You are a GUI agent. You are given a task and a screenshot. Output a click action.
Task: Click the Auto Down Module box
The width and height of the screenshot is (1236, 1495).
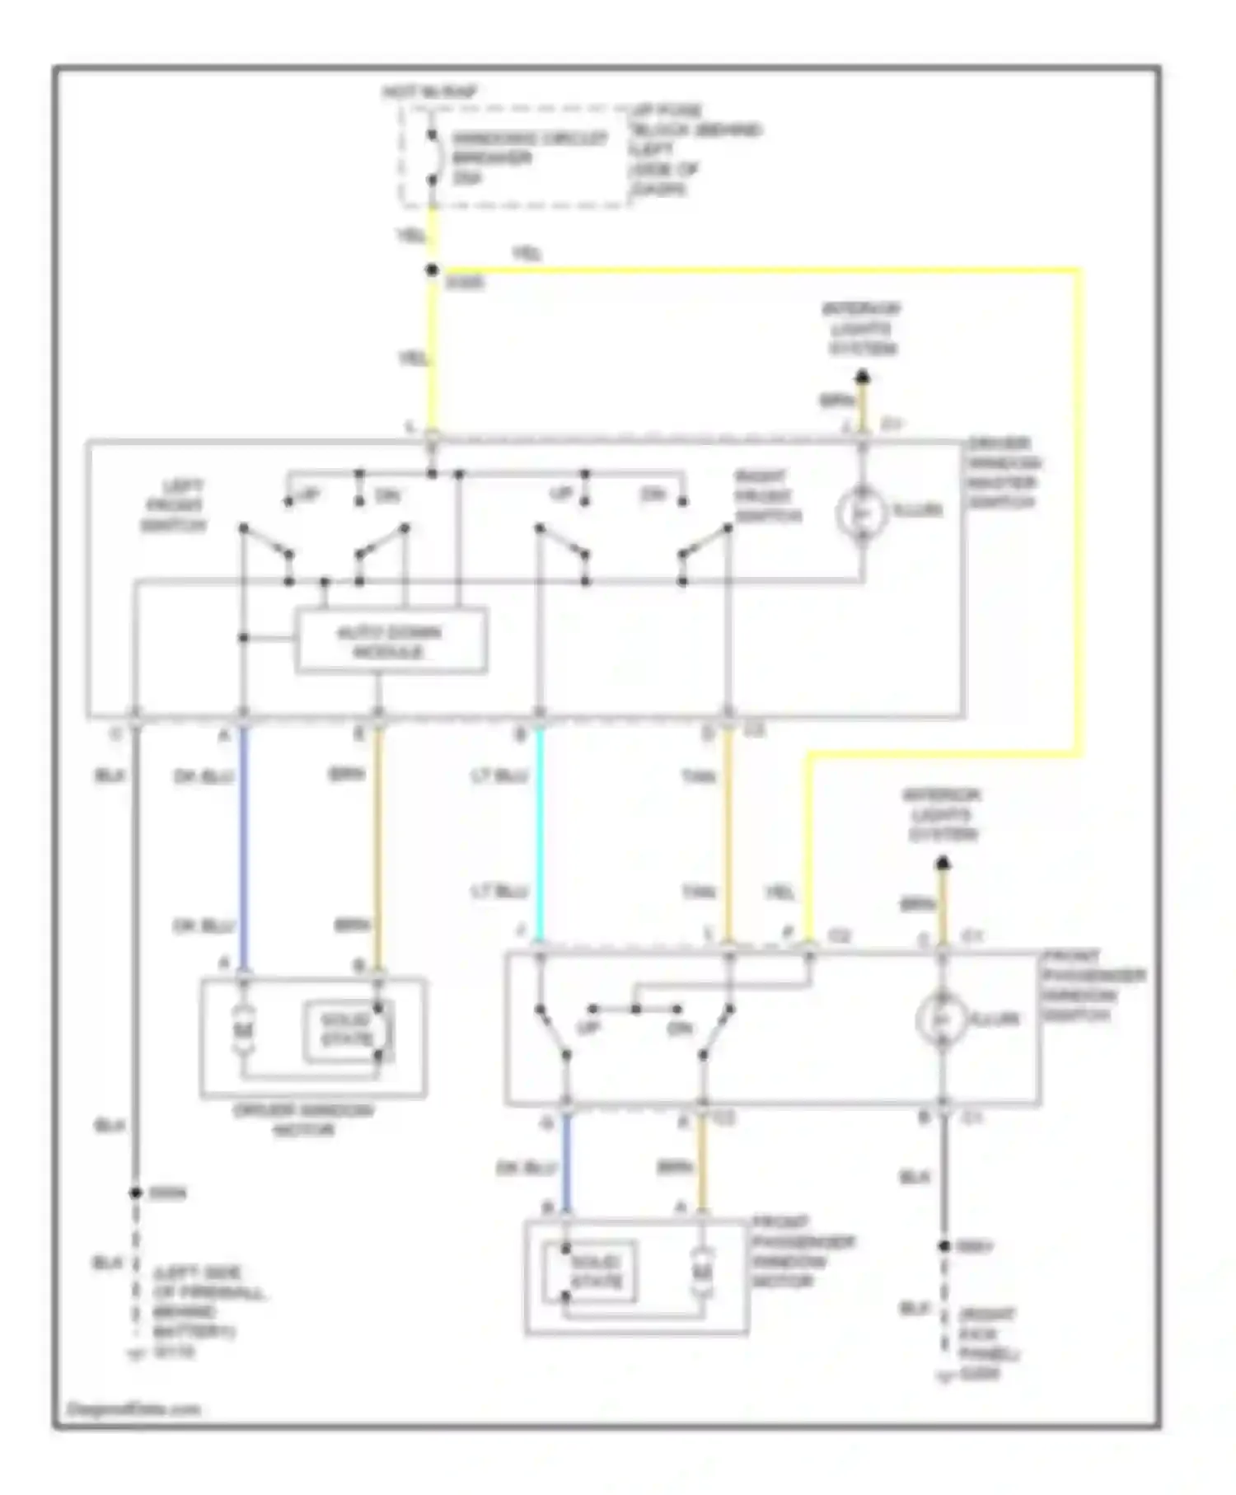point(391,641)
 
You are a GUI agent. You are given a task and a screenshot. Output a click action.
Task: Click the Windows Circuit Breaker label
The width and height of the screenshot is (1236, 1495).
point(527,157)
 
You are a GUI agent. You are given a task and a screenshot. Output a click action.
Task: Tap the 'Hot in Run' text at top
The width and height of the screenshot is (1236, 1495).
point(429,92)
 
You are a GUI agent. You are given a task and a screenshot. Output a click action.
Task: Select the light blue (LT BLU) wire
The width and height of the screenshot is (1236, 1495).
point(539,832)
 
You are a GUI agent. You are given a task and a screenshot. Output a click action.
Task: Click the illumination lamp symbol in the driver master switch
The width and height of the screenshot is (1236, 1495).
point(861,513)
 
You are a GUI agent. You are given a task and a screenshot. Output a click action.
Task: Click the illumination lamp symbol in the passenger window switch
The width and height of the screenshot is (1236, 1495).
point(941,1019)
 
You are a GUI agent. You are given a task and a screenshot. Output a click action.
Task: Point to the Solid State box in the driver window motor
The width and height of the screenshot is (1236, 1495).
point(347,1030)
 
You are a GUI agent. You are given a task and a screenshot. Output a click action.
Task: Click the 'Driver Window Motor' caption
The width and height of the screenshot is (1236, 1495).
point(303,1119)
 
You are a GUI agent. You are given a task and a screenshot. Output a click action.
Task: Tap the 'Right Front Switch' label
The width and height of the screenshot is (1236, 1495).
point(767,497)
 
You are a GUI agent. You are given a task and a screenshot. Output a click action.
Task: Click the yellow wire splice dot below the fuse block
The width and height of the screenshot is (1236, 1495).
point(432,270)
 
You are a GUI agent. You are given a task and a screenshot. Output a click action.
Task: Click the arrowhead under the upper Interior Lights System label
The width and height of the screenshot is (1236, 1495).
point(862,377)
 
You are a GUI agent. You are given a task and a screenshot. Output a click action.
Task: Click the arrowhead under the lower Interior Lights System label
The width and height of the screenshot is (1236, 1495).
point(943,863)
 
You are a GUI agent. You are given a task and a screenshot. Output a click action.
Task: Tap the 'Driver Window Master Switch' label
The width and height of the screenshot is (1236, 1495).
point(1003,472)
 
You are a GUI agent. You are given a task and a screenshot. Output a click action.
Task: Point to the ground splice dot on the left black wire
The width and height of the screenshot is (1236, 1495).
point(136,1193)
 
